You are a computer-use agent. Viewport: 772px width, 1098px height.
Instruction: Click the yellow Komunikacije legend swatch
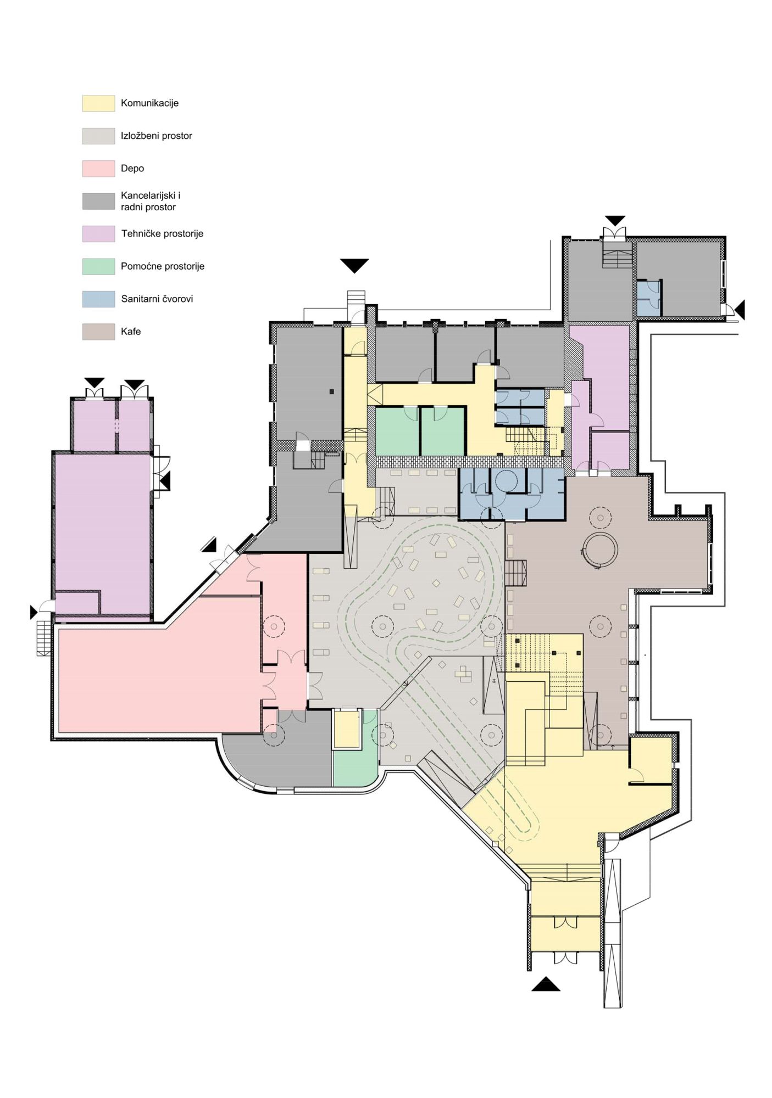98,103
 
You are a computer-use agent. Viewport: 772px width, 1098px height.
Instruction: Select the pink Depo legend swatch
98,169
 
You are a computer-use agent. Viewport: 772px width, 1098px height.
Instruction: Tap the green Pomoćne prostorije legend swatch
98,266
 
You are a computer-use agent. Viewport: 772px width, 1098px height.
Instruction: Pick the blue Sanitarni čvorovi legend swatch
98,299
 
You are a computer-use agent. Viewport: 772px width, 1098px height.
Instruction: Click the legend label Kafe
131,332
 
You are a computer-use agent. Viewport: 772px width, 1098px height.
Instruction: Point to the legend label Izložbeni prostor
157,136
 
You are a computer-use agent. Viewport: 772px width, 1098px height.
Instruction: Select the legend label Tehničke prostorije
162,234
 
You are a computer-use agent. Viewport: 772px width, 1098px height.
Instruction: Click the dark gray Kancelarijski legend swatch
98,201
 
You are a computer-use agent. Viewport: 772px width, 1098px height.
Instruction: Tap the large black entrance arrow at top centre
354,265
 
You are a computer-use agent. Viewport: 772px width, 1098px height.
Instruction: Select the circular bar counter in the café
601,549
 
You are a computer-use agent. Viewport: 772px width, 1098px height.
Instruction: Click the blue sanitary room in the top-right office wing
649,298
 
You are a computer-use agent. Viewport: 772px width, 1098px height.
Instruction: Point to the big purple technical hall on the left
103,533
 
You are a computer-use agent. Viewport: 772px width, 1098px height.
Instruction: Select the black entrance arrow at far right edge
740,310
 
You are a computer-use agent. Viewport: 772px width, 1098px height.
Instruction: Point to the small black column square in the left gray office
331,391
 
